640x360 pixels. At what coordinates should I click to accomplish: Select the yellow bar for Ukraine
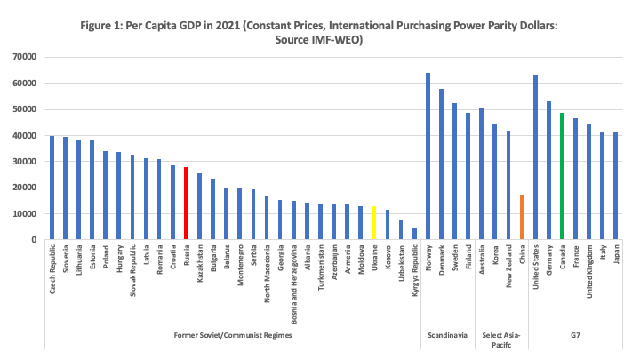point(373,223)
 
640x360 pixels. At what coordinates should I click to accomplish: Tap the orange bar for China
point(522,217)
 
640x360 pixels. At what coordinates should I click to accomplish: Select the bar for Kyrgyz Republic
point(413,234)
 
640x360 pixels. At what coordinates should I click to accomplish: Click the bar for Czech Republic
point(52,188)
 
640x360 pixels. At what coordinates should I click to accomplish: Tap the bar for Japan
point(615,187)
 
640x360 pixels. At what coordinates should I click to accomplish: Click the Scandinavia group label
point(447,334)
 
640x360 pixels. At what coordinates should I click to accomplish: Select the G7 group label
point(575,334)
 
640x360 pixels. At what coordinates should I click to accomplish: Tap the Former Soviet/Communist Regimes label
point(233,334)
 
